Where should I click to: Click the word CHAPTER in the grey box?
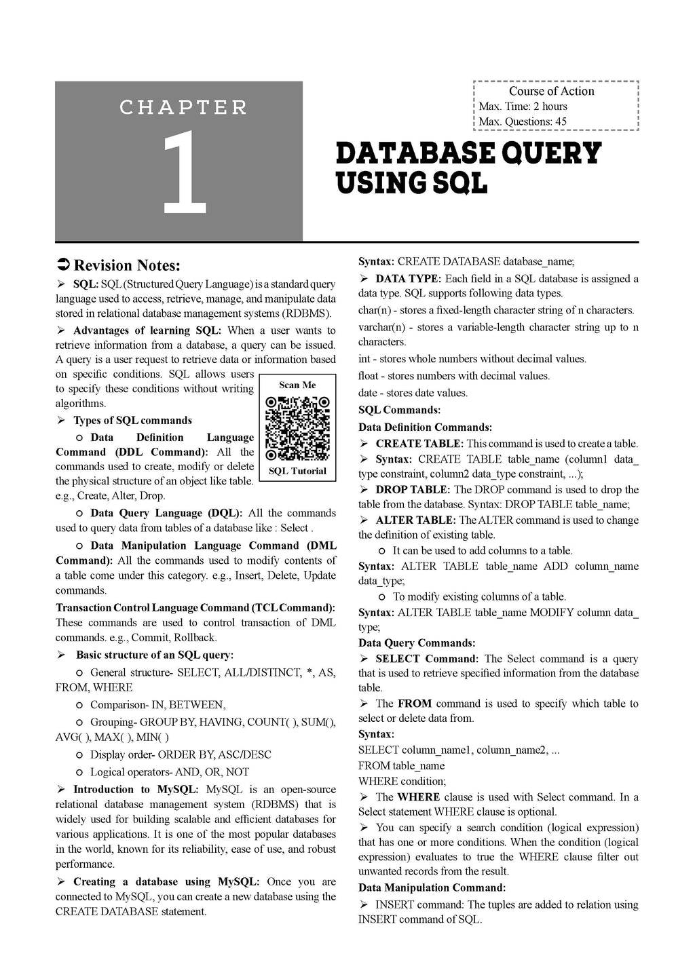pos(183,107)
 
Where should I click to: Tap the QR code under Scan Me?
pos(298,428)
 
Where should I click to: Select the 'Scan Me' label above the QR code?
pos(298,385)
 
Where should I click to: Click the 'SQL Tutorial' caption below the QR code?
pos(298,471)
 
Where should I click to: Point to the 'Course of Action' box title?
pos(551,91)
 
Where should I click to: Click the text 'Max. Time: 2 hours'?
pos(523,107)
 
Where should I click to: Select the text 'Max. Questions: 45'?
pos(523,122)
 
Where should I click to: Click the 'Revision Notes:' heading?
pos(127,265)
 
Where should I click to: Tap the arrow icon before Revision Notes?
pos(63,265)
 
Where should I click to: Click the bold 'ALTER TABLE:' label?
pos(415,520)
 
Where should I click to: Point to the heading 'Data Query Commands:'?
pos(417,643)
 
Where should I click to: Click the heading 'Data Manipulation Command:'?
pos(432,887)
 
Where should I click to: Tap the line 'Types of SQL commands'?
pos(132,421)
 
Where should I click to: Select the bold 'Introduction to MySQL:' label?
pos(136,789)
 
